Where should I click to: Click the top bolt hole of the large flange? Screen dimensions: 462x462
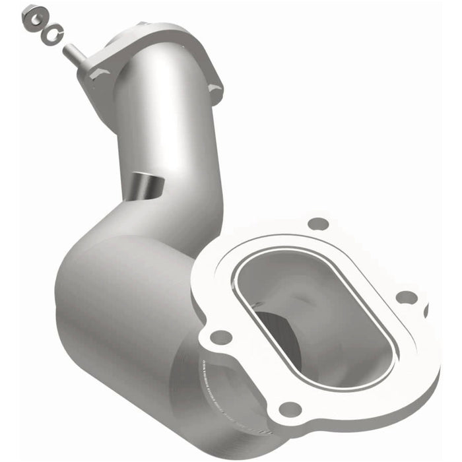319,224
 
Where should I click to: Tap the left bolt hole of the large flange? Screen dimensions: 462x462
220,337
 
